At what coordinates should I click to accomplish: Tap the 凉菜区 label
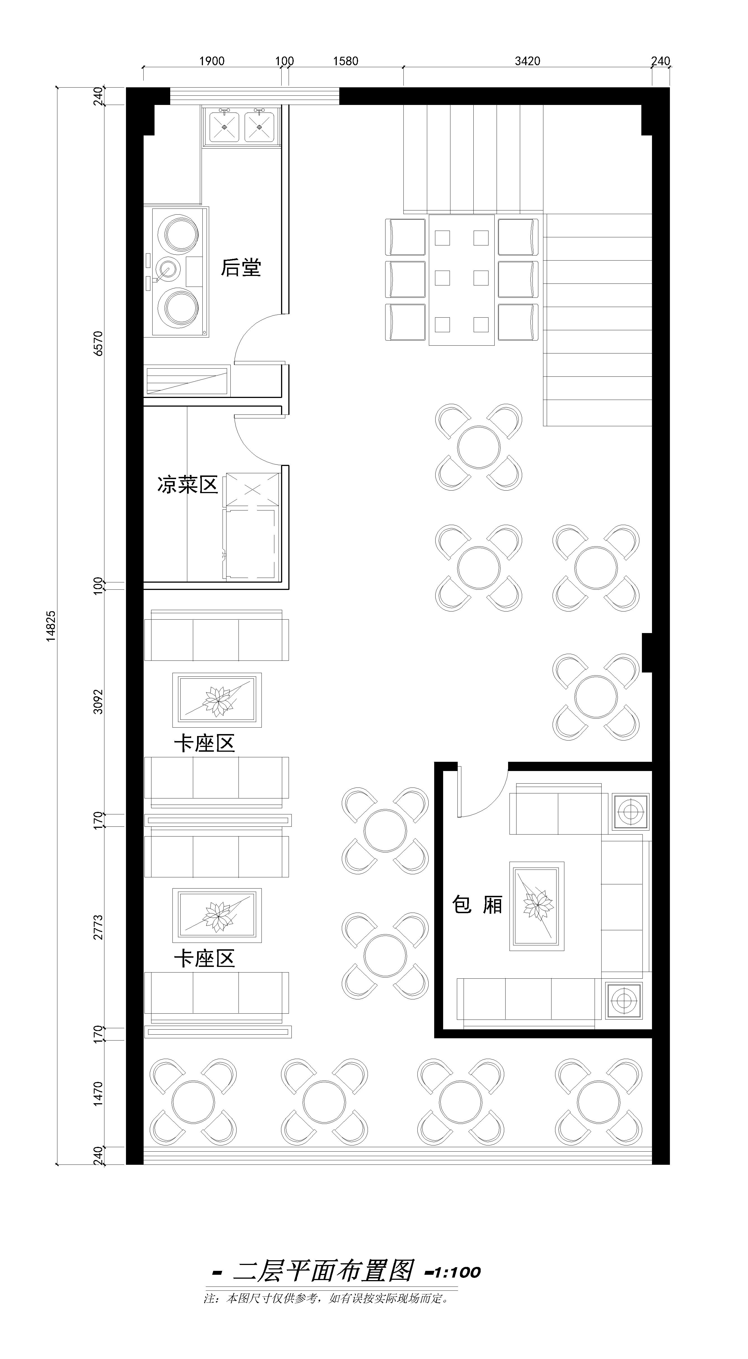click(x=187, y=484)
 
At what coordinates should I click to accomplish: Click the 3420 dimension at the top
click(x=527, y=61)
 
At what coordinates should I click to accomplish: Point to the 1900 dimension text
click(x=212, y=61)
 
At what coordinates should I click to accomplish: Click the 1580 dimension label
click(x=346, y=61)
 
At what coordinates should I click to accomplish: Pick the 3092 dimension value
click(x=98, y=701)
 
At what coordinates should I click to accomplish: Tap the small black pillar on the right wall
click(x=647, y=653)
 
